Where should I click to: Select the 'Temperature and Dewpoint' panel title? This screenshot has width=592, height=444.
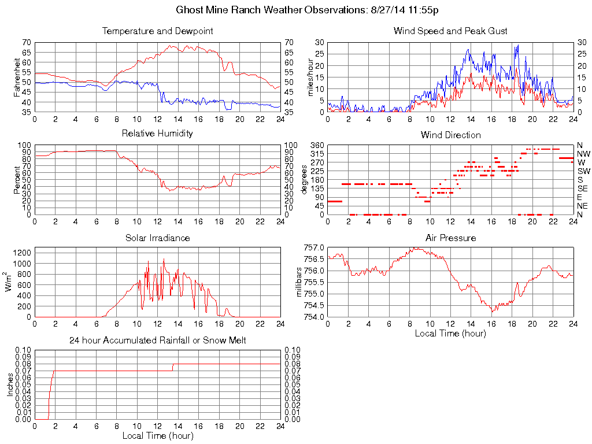pyautogui.click(x=157, y=31)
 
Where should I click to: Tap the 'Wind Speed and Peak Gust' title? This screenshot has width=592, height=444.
pyautogui.click(x=450, y=31)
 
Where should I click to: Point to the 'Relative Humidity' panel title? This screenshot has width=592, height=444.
pyautogui.click(x=157, y=134)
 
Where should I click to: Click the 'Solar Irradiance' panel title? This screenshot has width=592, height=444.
pyautogui.click(x=157, y=238)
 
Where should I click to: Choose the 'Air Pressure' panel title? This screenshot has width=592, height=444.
pyautogui.click(x=450, y=238)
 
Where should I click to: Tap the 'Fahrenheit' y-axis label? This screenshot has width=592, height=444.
pyautogui.click(x=17, y=77)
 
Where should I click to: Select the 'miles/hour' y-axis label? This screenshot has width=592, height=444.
pyautogui.click(x=310, y=77)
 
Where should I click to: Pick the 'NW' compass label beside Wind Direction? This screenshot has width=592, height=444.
pyautogui.click(x=583, y=154)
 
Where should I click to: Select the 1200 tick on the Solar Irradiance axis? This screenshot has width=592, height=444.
pyautogui.click(x=23, y=253)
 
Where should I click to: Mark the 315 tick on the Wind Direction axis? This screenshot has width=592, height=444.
pyautogui.click(x=317, y=154)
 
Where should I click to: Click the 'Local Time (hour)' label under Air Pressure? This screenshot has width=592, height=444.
pyautogui.click(x=450, y=333)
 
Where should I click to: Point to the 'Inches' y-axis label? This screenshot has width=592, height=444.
pyautogui.click(x=10, y=384)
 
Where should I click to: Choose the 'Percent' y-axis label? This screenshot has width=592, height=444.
pyautogui.click(x=17, y=180)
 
